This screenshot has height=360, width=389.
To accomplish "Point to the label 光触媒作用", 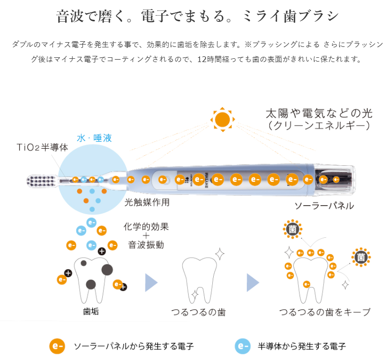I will pos(147,202).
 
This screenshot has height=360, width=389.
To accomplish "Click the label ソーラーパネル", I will pos(325,206).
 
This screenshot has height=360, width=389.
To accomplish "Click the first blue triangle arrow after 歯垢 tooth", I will pos(151,283).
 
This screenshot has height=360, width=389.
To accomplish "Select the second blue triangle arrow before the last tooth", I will pos(253,283).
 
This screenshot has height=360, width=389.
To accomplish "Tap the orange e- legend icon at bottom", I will pos(57,346).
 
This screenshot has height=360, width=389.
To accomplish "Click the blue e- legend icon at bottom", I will pos(243,346).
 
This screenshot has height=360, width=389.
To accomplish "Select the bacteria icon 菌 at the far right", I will pos(362,257).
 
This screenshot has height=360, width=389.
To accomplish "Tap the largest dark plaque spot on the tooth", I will pos(107,270).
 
